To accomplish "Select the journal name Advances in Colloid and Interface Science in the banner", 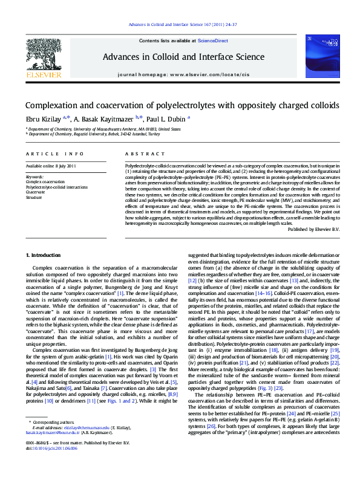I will (180, 56).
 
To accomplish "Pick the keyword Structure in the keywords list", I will (34, 198).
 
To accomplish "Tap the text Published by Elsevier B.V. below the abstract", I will (313, 229).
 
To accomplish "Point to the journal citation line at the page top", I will (180, 25).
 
